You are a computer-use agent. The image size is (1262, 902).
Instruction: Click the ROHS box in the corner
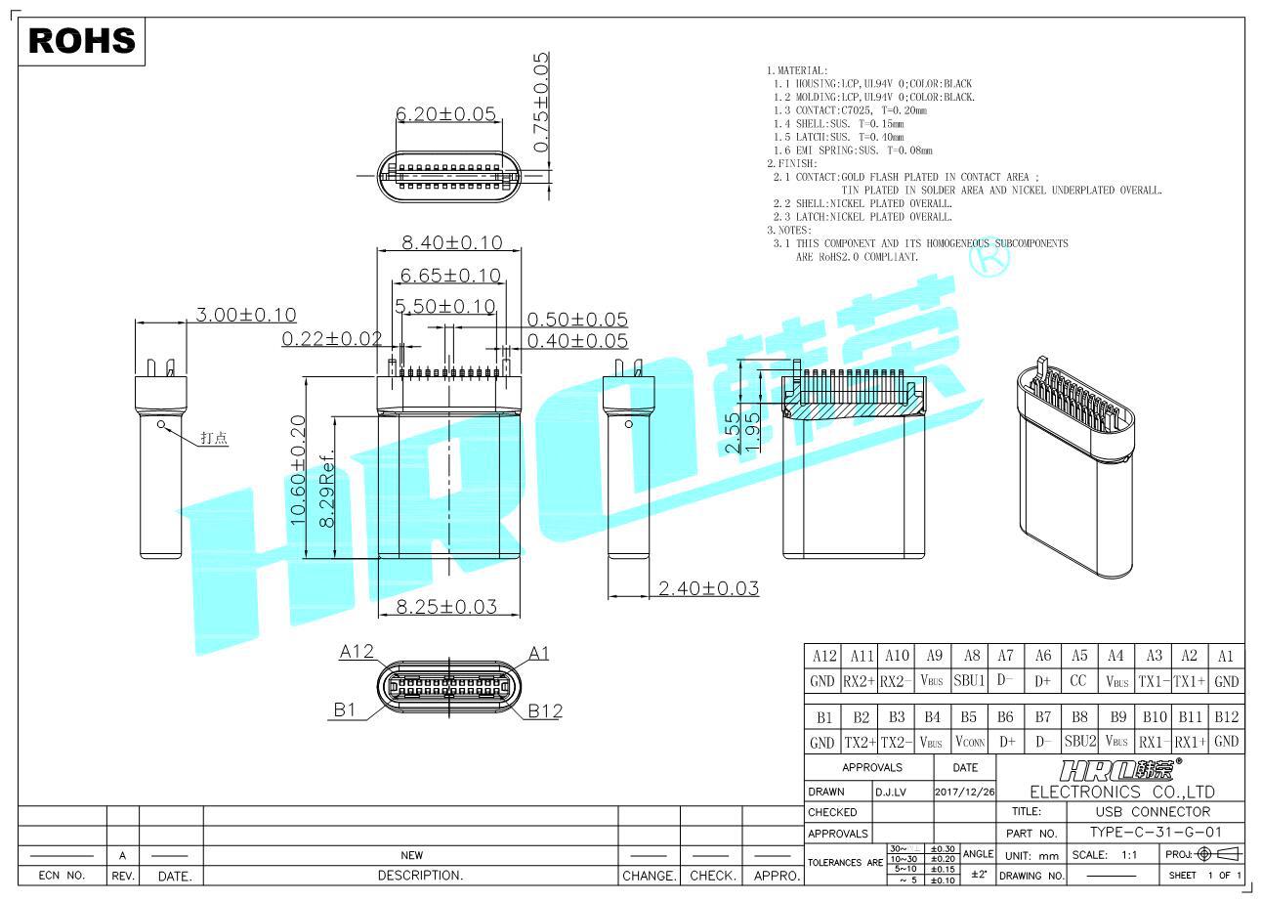point(82,41)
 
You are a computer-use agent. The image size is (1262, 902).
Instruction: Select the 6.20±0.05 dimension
point(445,114)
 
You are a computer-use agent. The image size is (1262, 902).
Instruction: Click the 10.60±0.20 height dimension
point(299,471)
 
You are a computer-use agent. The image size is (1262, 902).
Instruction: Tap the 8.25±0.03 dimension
point(446,606)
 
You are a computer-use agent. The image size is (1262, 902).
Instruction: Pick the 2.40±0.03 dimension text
point(708,588)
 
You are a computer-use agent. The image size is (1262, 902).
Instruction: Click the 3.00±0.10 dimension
point(246,315)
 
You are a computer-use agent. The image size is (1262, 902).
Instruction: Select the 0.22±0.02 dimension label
point(332,338)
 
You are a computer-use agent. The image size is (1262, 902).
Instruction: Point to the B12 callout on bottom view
point(545,711)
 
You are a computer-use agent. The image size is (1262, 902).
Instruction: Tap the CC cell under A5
point(1078,681)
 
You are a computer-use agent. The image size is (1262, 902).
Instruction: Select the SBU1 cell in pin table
point(969,681)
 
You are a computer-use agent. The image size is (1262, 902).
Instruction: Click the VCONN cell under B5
point(969,742)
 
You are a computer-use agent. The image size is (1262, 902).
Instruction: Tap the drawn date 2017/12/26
point(964,791)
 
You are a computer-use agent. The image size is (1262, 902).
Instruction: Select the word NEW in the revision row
point(411,855)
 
